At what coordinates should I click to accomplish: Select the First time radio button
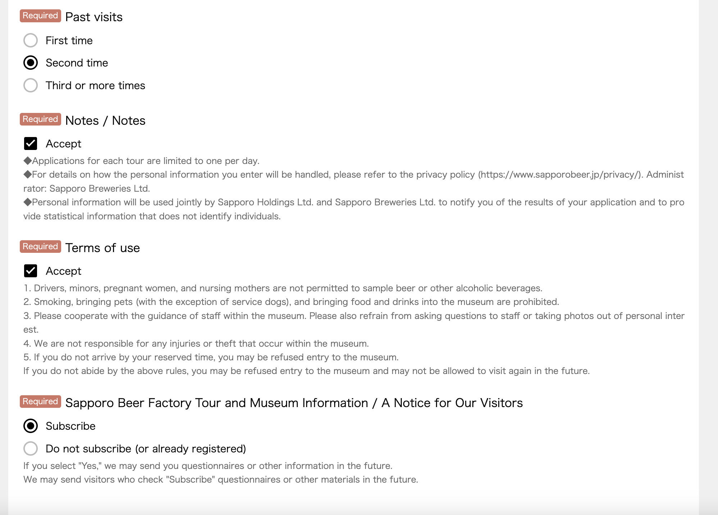(x=31, y=40)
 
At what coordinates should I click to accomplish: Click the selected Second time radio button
(x=31, y=63)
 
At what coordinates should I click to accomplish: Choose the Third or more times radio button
(x=31, y=86)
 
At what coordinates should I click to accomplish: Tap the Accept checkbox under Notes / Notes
(x=31, y=143)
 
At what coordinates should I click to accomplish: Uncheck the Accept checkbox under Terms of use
(x=31, y=271)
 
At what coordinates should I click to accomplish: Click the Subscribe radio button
(x=31, y=426)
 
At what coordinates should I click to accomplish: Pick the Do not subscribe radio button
(x=31, y=448)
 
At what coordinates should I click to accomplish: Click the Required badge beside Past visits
(x=40, y=16)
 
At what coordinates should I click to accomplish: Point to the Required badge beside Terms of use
(x=40, y=247)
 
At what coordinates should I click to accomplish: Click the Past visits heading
(x=94, y=17)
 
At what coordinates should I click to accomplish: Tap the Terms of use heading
(x=103, y=248)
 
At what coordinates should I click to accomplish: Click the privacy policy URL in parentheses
(x=560, y=175)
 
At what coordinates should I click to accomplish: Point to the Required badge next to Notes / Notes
(x=40, y=119)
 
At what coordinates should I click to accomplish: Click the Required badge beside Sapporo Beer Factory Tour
(x=40, y=402)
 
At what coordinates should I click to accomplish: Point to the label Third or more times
(x=95, y=86)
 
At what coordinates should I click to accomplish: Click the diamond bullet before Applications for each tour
(x=27, y=161)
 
